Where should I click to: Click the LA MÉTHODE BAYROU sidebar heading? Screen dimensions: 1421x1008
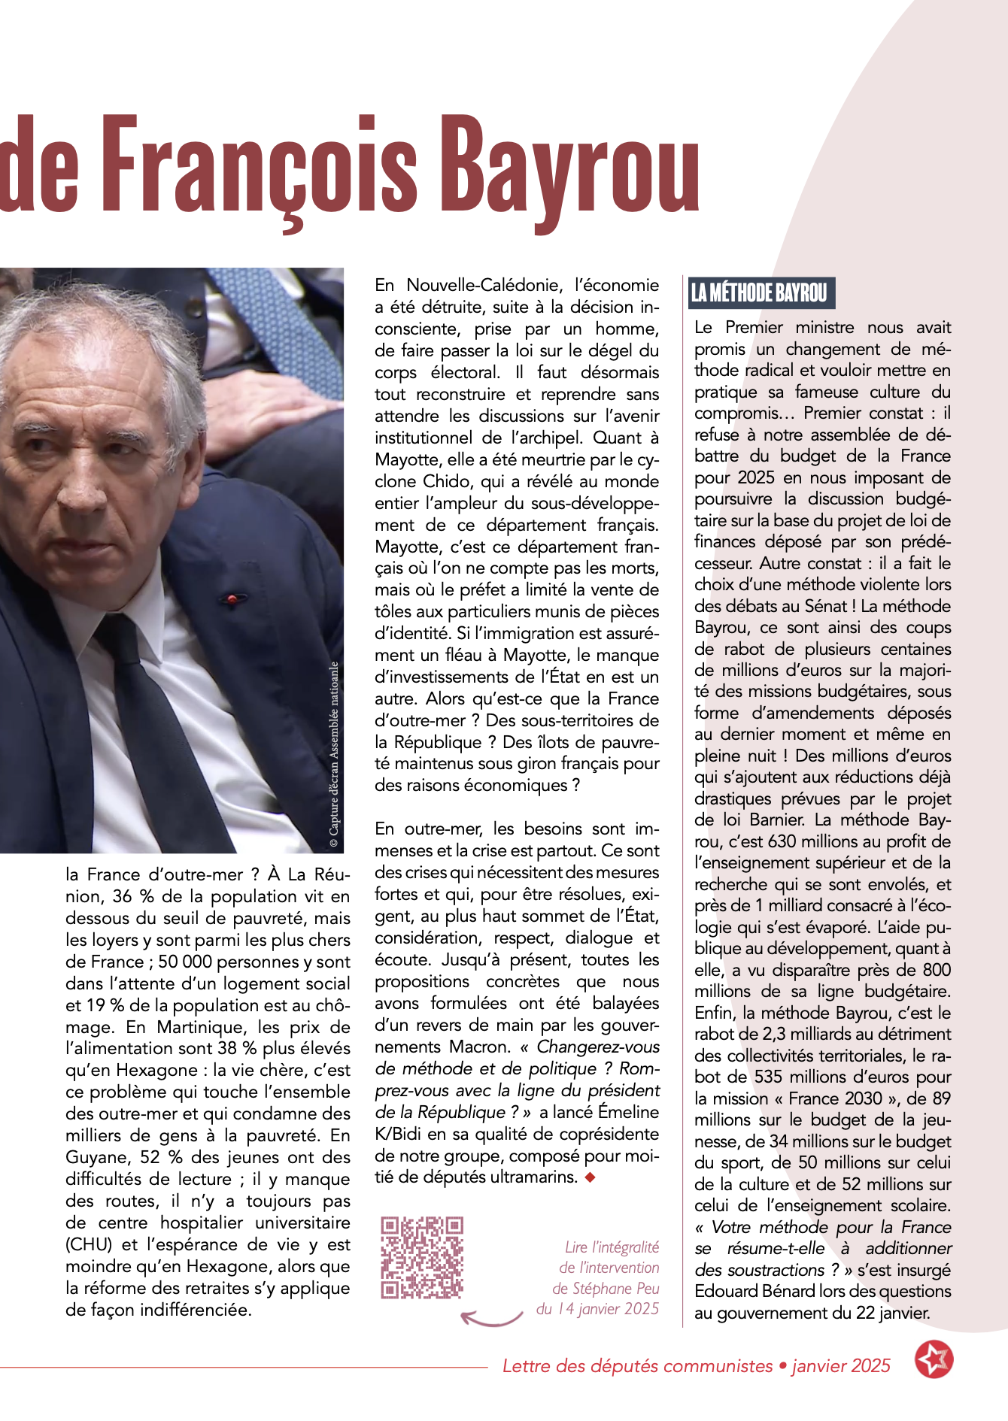(x=760, y=292)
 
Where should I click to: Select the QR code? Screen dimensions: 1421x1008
(x=421, y=1257)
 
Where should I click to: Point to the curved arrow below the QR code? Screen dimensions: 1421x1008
(x=491, y=1317)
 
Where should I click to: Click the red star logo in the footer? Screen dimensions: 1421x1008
(x=934, y=1359)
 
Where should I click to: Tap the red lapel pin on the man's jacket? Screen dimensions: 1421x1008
(x=232, y=598)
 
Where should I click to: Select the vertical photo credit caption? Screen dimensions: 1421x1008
(x=334, y=756)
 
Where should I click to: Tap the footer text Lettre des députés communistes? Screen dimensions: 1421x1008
(x=637, y=1366)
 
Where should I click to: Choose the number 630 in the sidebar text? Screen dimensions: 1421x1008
(x=782, y=841)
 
